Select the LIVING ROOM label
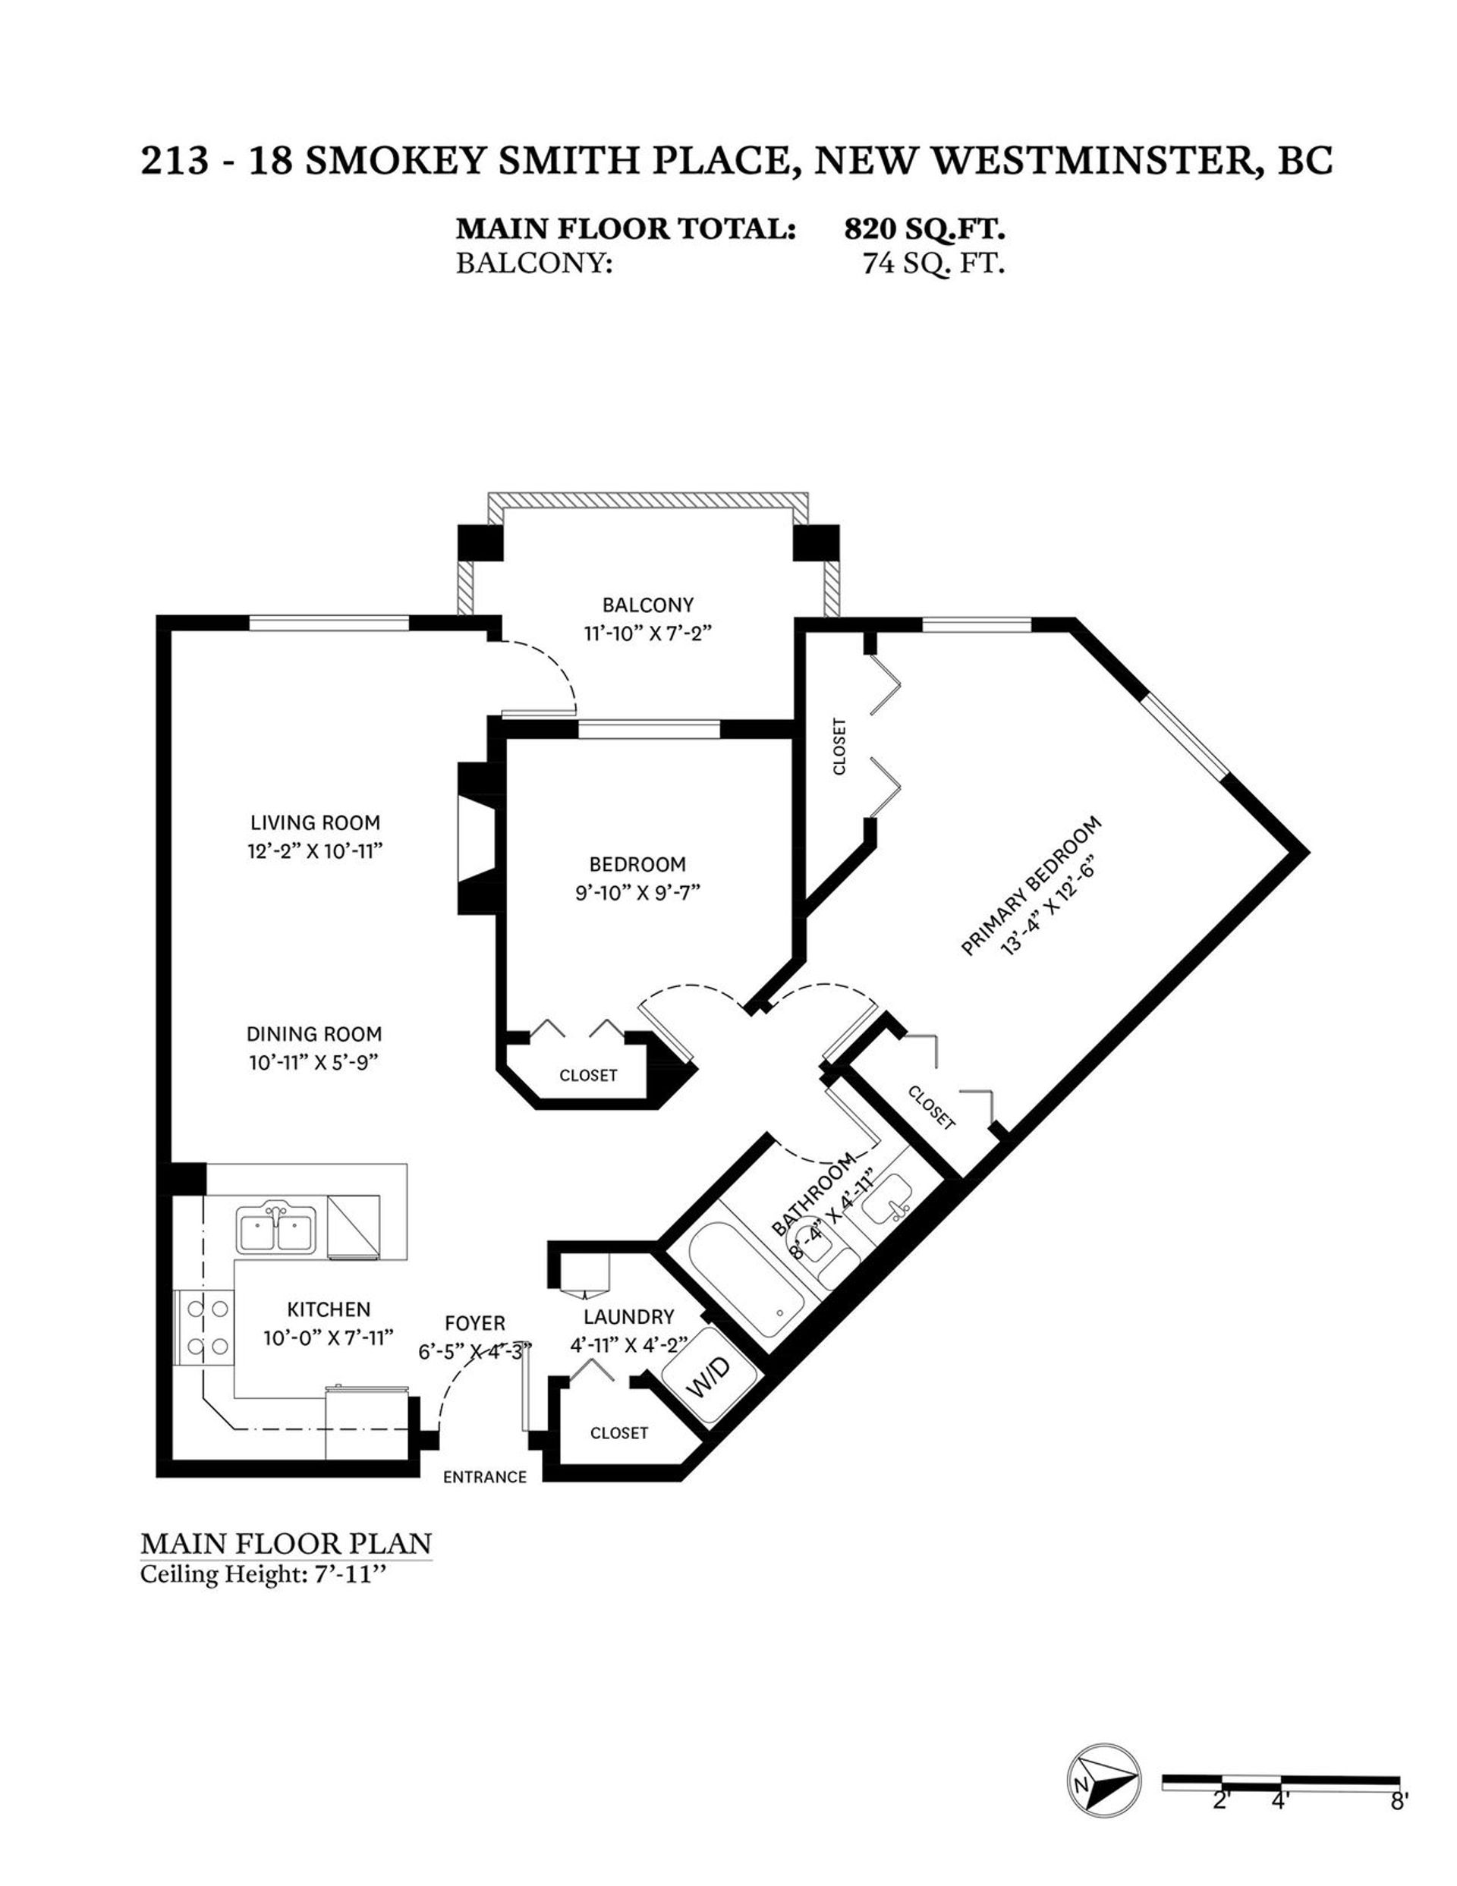(x=315, y=822)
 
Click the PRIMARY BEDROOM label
(x=1032, y=886)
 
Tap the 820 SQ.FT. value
(x=924, y=229)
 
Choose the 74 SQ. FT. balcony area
(x=933, y=263)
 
